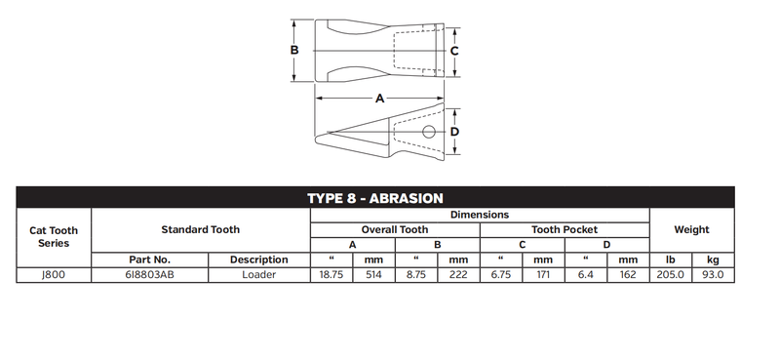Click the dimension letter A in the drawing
379,99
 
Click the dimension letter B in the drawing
294,51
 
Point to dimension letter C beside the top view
454,51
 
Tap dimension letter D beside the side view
454,132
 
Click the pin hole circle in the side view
428,132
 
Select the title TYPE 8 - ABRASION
375,198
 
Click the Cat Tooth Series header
54,237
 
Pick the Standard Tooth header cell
201,229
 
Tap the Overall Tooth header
395,229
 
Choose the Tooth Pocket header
565,229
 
